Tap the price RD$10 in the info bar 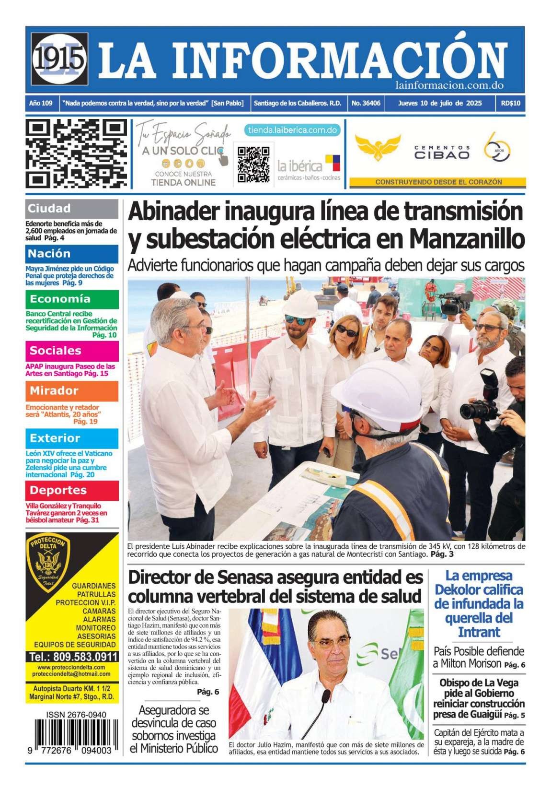[x=511, y=103]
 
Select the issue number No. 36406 [x=366, y=103]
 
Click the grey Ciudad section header [x=71, y=208]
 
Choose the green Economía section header [x=71, y=299]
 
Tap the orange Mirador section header [x=71, y=390]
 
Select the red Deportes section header [x=71, y=490]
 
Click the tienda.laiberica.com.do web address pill [x=292, y=130]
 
